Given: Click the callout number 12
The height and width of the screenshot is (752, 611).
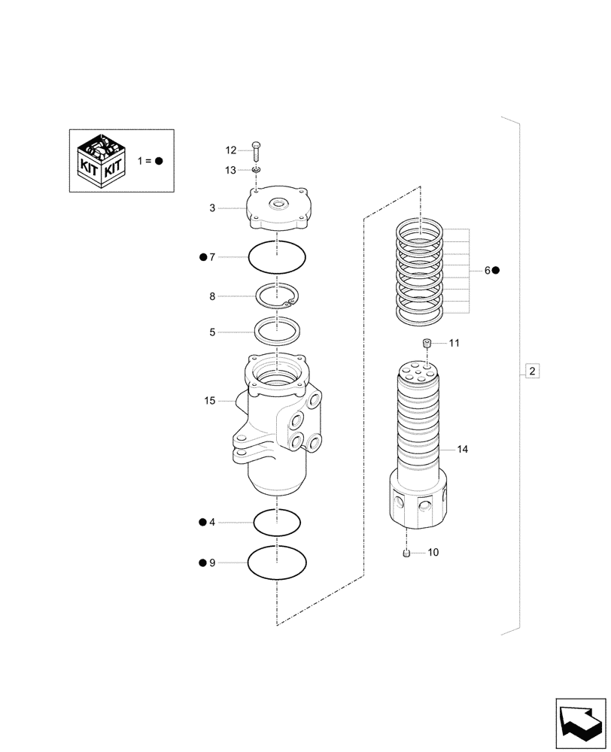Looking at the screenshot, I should coord(230,150).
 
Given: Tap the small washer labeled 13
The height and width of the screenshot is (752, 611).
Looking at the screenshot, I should coord(257,171).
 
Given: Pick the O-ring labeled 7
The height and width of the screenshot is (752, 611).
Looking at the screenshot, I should coord(277,258).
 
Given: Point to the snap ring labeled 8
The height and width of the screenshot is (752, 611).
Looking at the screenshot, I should coord(277,297).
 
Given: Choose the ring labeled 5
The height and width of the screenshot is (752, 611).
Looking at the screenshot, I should coord(277,330).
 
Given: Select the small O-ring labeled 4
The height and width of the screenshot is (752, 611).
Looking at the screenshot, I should coord(277,521).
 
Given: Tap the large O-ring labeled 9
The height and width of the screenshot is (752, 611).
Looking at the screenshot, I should coord(277,562).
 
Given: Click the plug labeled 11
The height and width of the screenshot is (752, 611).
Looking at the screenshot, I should coord(427,344).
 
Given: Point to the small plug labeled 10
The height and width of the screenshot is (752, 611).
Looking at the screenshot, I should coord(407,553).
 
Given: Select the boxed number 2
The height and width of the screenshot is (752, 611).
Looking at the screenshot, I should coord(532,371).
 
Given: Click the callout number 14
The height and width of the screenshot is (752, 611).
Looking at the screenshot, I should coord(462,449).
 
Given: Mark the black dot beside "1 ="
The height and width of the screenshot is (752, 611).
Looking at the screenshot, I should coord(159,161).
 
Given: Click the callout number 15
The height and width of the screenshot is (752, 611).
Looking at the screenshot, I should coord(209,401).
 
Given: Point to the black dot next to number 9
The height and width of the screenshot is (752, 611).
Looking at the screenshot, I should coord(202,562).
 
